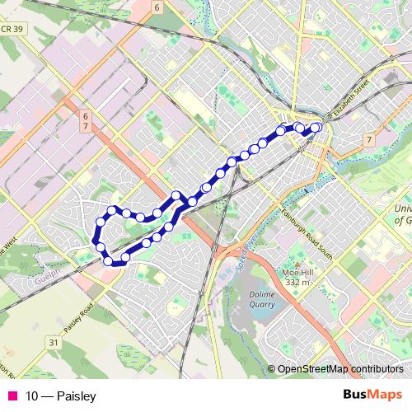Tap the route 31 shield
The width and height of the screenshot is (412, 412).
[54, 342]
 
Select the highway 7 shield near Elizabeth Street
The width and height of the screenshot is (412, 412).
[368, 139]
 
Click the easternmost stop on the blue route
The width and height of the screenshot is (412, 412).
[316, 128]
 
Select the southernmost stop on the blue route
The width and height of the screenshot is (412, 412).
[109, 261]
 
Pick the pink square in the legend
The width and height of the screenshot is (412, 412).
[11, 396]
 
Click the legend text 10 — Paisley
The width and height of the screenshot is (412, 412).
[60, 396]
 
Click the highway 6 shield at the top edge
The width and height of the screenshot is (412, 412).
[155, 7]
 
